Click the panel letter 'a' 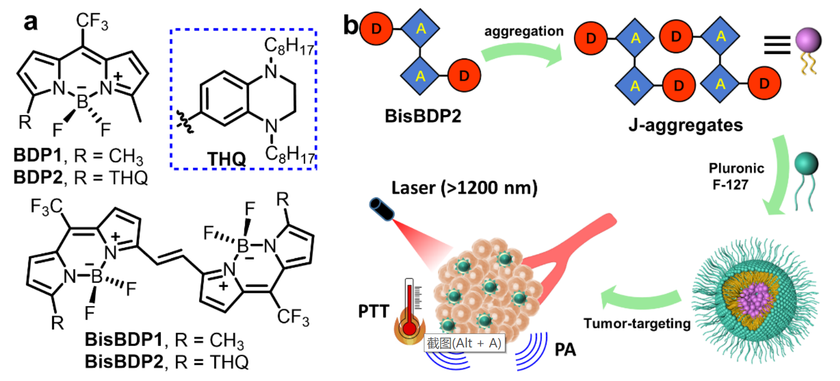point(31,22)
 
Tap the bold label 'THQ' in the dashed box point(226,158)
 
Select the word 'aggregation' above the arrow point(523,31)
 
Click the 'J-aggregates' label point(685,125)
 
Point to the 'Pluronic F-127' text point(735,176)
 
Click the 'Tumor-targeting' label point(637,324)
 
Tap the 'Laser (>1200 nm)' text point(464,187)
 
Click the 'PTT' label point(373,311)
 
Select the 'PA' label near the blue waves point(565,350)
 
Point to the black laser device point(382,209)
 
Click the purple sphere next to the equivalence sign point(808,40)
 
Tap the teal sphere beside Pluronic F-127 point(806,164)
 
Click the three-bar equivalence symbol point(777,45)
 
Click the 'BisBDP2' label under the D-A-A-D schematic point(423,116)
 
